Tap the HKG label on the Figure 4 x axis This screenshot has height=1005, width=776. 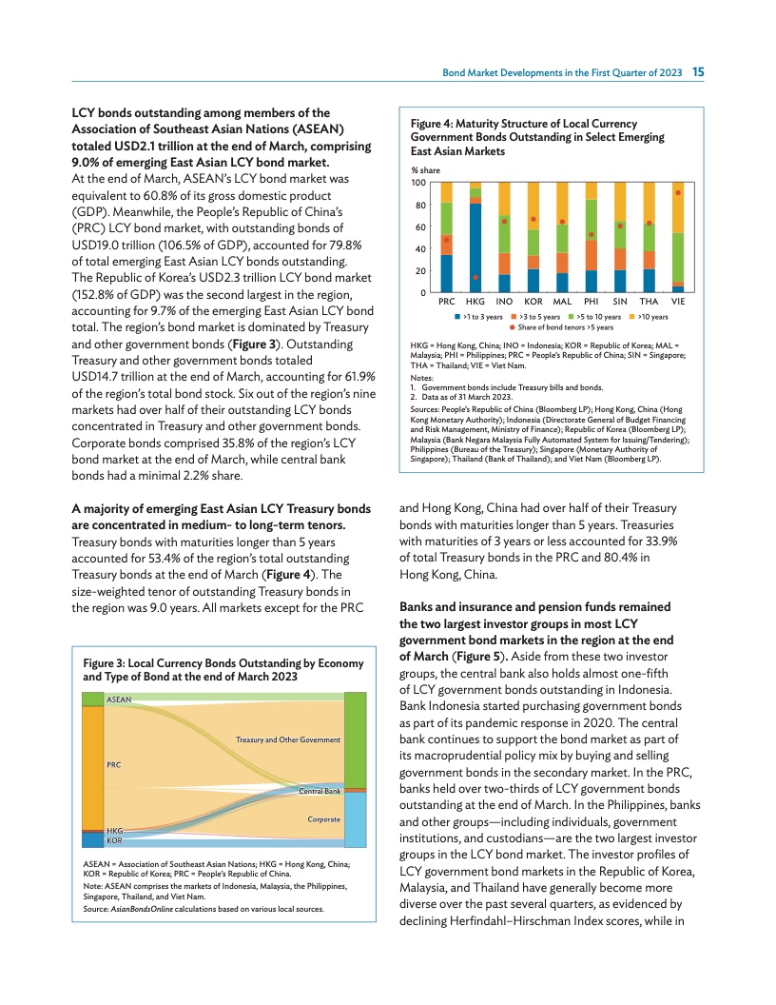tap(475, 301)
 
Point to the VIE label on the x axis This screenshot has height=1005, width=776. tap(678, 301)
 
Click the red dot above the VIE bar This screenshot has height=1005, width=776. tap(678, 192)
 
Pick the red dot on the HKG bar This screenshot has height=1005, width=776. tap(475, 278)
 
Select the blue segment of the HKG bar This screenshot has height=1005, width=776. tap(475, 247)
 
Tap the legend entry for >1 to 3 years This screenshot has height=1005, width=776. tap(479, 316)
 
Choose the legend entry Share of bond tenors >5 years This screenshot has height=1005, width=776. tap(561, 327)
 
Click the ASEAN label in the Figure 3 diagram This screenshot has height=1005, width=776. tap(119, 700)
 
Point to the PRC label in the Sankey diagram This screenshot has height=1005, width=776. tap(114, 763)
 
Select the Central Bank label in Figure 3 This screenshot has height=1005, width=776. tap(320, 791)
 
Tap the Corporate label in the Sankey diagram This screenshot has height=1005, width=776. tap(323, 819)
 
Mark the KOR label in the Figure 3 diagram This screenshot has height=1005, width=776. tap(114, 841)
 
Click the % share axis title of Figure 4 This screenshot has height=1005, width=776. tap(424, 169)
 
